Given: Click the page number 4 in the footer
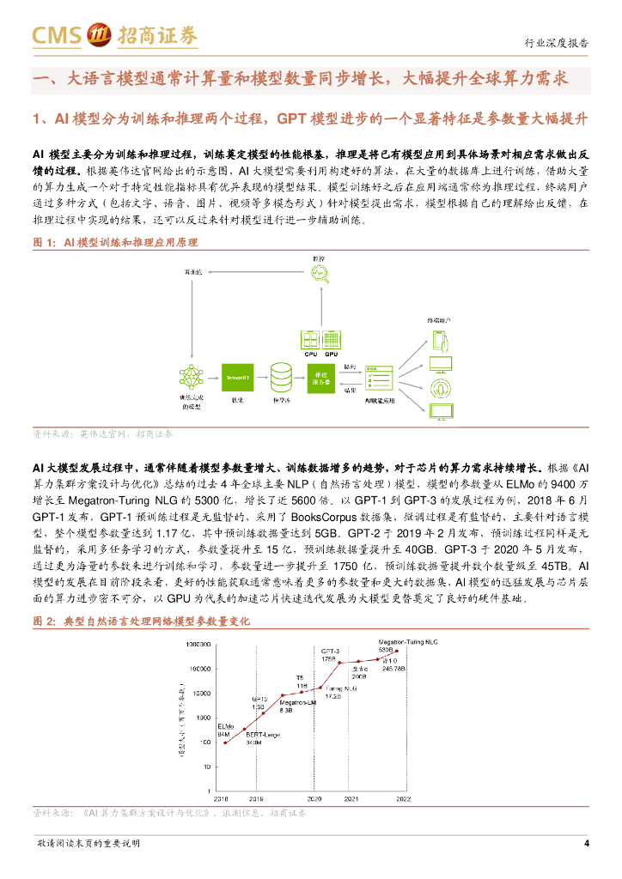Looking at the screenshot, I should (587, 843).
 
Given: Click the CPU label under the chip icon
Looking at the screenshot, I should (311, 354).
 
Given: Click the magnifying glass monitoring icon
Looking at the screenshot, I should (320, 274).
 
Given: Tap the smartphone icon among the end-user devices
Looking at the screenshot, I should (439, 340).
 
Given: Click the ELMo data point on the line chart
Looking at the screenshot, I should (226, 742).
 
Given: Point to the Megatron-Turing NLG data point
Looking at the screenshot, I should (397, 651).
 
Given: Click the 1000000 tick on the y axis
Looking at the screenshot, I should (200, 644).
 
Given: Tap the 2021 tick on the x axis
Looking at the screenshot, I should (351, 797).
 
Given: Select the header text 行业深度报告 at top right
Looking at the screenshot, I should (557, 43).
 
